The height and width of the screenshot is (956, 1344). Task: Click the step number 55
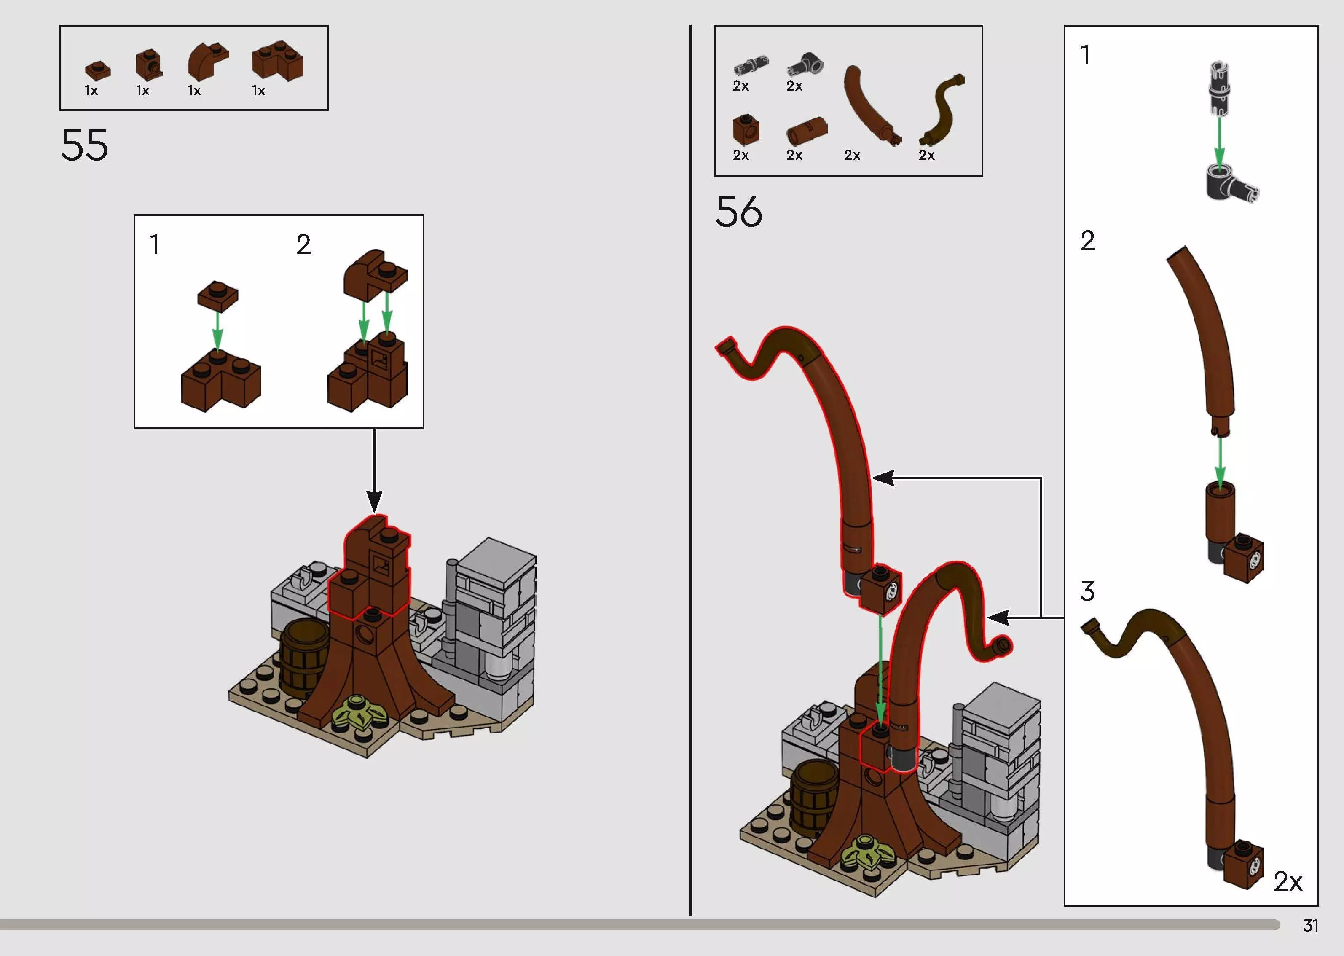pos(85,145)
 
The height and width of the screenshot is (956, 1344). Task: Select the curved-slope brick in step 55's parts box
pos(208,61)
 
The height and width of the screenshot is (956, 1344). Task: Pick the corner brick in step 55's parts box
pos(278,59)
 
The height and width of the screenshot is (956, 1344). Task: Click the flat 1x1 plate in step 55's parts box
pos(98,70)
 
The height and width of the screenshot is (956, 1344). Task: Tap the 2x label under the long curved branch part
pos(852,156)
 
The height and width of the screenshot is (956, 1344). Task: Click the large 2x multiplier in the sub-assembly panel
pos(1288,881)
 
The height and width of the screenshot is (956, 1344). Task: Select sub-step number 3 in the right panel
pos(1087,591)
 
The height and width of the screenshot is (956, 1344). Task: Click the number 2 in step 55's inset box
pos(303,244)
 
